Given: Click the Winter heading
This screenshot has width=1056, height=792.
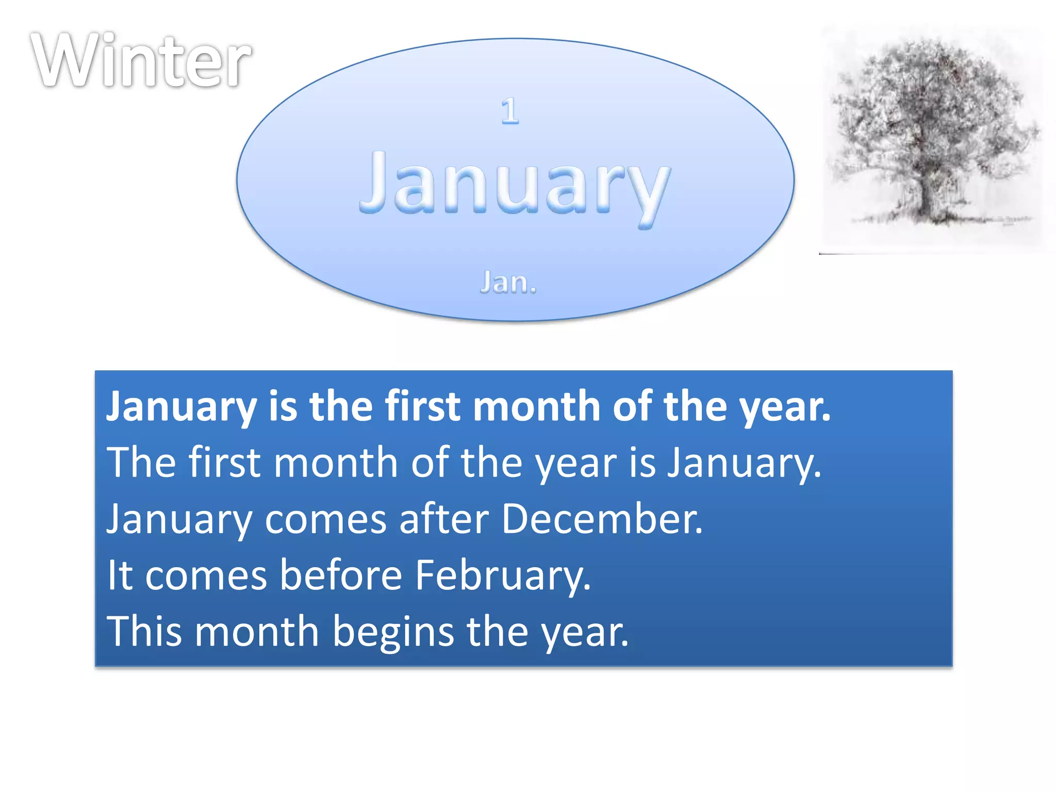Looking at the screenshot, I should point(140,61).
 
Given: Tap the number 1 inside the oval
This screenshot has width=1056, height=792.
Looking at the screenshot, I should point(510,111).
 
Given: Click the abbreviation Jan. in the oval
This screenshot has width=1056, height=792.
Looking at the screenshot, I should point(508,283).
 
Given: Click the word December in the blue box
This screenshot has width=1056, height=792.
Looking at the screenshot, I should point(601,519).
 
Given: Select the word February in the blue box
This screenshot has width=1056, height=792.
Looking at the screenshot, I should point(503,575).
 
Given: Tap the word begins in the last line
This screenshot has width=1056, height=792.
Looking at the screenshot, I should point(393,632).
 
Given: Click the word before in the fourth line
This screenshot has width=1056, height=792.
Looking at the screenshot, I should point(341,575).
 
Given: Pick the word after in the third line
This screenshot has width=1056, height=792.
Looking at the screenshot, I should point(443,519).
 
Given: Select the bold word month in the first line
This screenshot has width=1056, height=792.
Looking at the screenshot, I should point(536,406).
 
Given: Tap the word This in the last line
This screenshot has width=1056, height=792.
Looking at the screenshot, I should point(144,632).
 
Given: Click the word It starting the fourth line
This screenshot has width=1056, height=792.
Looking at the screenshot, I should point(120,575).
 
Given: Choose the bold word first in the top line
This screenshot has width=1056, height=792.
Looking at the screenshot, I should point(423,406).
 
